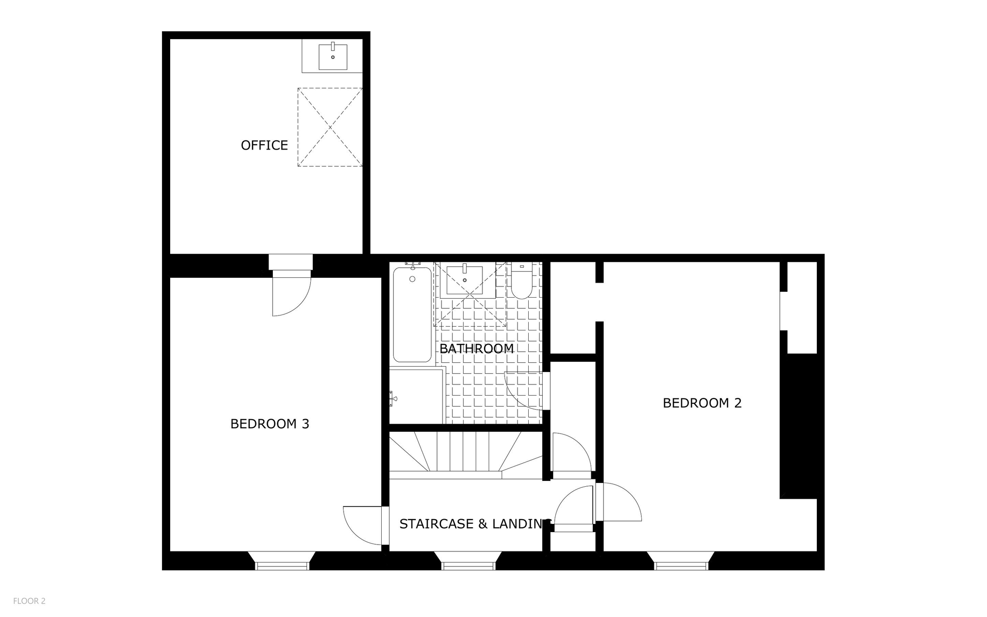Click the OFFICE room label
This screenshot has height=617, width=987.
[264, 145]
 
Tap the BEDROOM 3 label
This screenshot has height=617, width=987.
[269, 424]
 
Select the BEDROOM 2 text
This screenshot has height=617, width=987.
[702, 403]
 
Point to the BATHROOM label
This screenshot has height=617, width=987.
[476, 348]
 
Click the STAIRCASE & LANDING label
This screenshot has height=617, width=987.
[475, 523]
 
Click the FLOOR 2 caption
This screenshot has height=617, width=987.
[29, 601]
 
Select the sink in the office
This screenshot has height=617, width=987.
[333, 56]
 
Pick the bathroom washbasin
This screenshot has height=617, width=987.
[465, 279]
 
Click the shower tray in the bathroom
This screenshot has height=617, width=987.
[416, 396]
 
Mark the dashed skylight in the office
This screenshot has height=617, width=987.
[330, 127]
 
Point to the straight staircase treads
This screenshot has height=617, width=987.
[463, 452]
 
